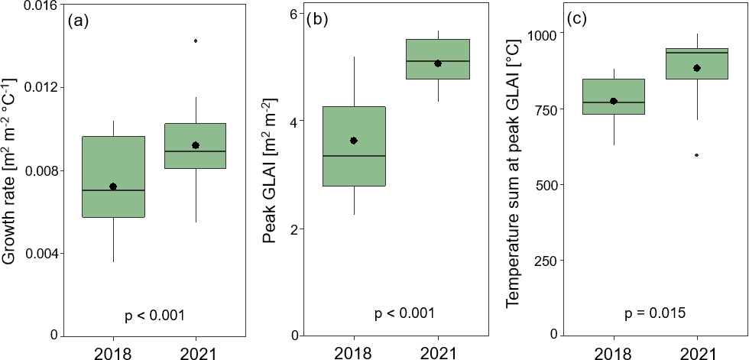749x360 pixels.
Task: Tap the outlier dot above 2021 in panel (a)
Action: tap(196, 41)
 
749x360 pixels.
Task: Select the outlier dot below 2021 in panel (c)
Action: tap(696, 155)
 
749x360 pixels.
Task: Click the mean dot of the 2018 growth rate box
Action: tap(113, 186)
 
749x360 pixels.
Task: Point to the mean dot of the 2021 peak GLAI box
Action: tap(438, 63)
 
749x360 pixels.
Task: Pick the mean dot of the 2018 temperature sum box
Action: tap(613, 101)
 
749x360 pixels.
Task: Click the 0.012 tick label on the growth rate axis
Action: tap(37, 87)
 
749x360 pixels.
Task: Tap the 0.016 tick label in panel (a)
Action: tap(37, 5)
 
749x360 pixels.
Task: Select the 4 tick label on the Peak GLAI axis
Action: tap(293, 121)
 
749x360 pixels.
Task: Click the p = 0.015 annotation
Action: tap(654, 313)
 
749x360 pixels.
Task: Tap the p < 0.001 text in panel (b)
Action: tap(404, 313)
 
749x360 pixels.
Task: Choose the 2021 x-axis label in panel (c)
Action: tap(696, 352)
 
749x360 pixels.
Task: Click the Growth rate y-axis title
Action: tap(10, 170)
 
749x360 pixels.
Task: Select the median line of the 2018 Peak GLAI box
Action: tap(354, 156)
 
